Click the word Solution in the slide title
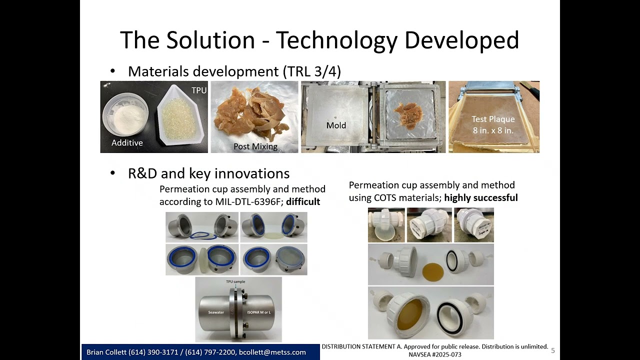[x=211, y=40]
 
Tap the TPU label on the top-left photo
[x=199, y=90]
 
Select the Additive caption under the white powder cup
[x=127, y=143]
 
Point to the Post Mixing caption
[x=255, y=146]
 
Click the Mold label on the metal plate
[x=336, y=125]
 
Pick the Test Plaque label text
[x=493, y=119]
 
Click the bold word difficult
[x=303, y=201]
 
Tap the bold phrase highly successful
[x=480, y=197]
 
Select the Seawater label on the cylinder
[x=216, y=312]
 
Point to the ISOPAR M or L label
[x=259, y=312]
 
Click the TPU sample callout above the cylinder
[x=235, y=282]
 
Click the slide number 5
[x=553, y=351]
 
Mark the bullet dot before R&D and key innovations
[x=112, y=173]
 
